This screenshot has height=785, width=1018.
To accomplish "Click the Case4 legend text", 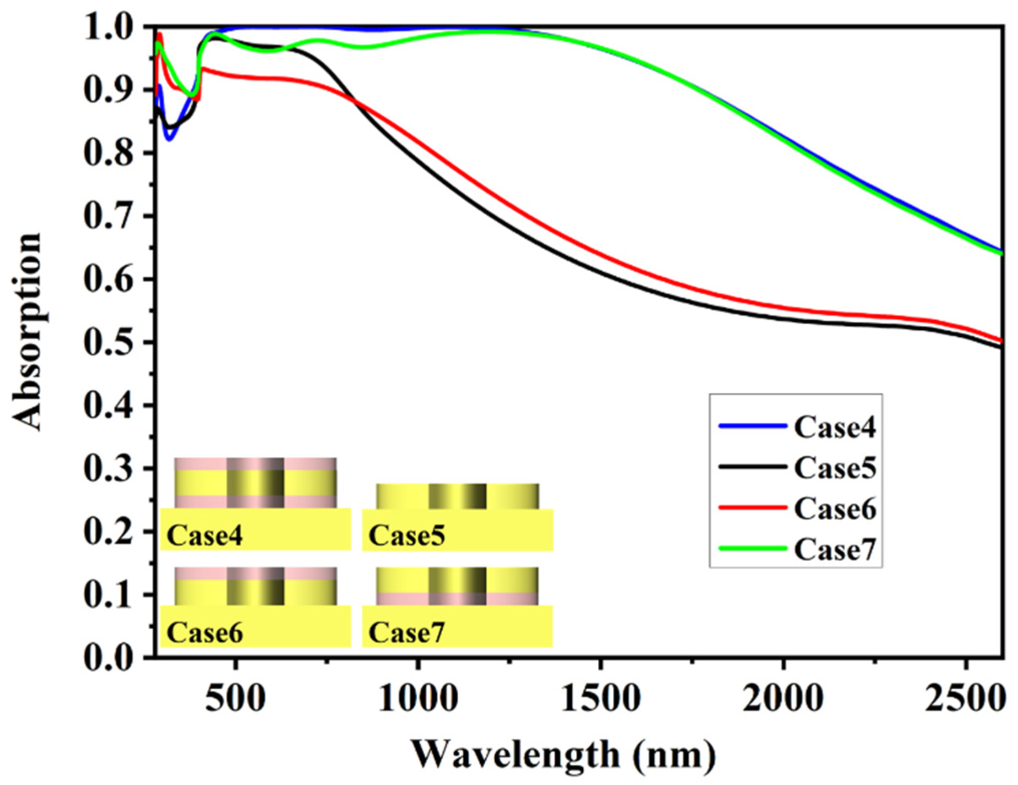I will pyautogui.click(x=835, y=427).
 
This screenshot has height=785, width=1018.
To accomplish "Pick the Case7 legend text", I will pyautogui.click(x=835, y=549).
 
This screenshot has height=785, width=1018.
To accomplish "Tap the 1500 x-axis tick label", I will pyautogui.click(x=600, y=698).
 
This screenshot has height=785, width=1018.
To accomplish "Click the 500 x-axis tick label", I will pyautogui.click(x=235, y=698).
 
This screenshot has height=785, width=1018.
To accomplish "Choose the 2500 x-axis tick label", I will pyautogui.click(x=965, y=698).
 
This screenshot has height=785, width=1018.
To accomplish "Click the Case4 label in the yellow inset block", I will pyautogui.click(x=204, y=536).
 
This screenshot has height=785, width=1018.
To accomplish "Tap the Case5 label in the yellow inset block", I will pyautogui.click(x=406, y=536).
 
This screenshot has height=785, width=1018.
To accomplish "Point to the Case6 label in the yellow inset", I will pyautogui.click(x=204, y=633).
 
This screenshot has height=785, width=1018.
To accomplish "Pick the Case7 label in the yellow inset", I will pyautogui.click(x=406, y=633).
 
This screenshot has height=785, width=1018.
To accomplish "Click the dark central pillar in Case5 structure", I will pyautogui.click(x=457, y=496).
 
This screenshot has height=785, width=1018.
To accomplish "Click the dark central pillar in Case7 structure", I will pyautogui.click(x=457, y=586).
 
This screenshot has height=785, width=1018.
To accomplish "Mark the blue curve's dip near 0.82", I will pyautogui.click(x=169, y=139).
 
